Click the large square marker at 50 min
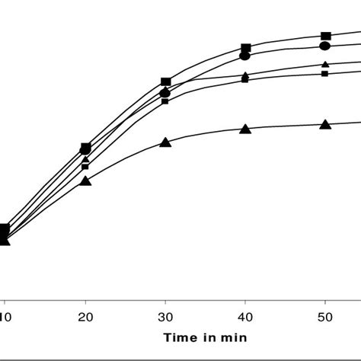click(325, 36)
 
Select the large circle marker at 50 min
click(325, 46)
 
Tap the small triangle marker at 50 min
click(325, 65)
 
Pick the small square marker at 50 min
click(325, 73)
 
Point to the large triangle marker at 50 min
click(325, 124)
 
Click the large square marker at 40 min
click(245, 48)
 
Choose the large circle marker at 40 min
click(245, 56)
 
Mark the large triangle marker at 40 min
click(245, 129)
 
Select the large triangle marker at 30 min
click(165, 141)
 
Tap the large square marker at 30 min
click(165, 82)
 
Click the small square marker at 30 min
click(165, 101)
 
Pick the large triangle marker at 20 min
click(85, 180)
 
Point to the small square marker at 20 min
click(85, 166)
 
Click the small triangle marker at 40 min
click(245, 75)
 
